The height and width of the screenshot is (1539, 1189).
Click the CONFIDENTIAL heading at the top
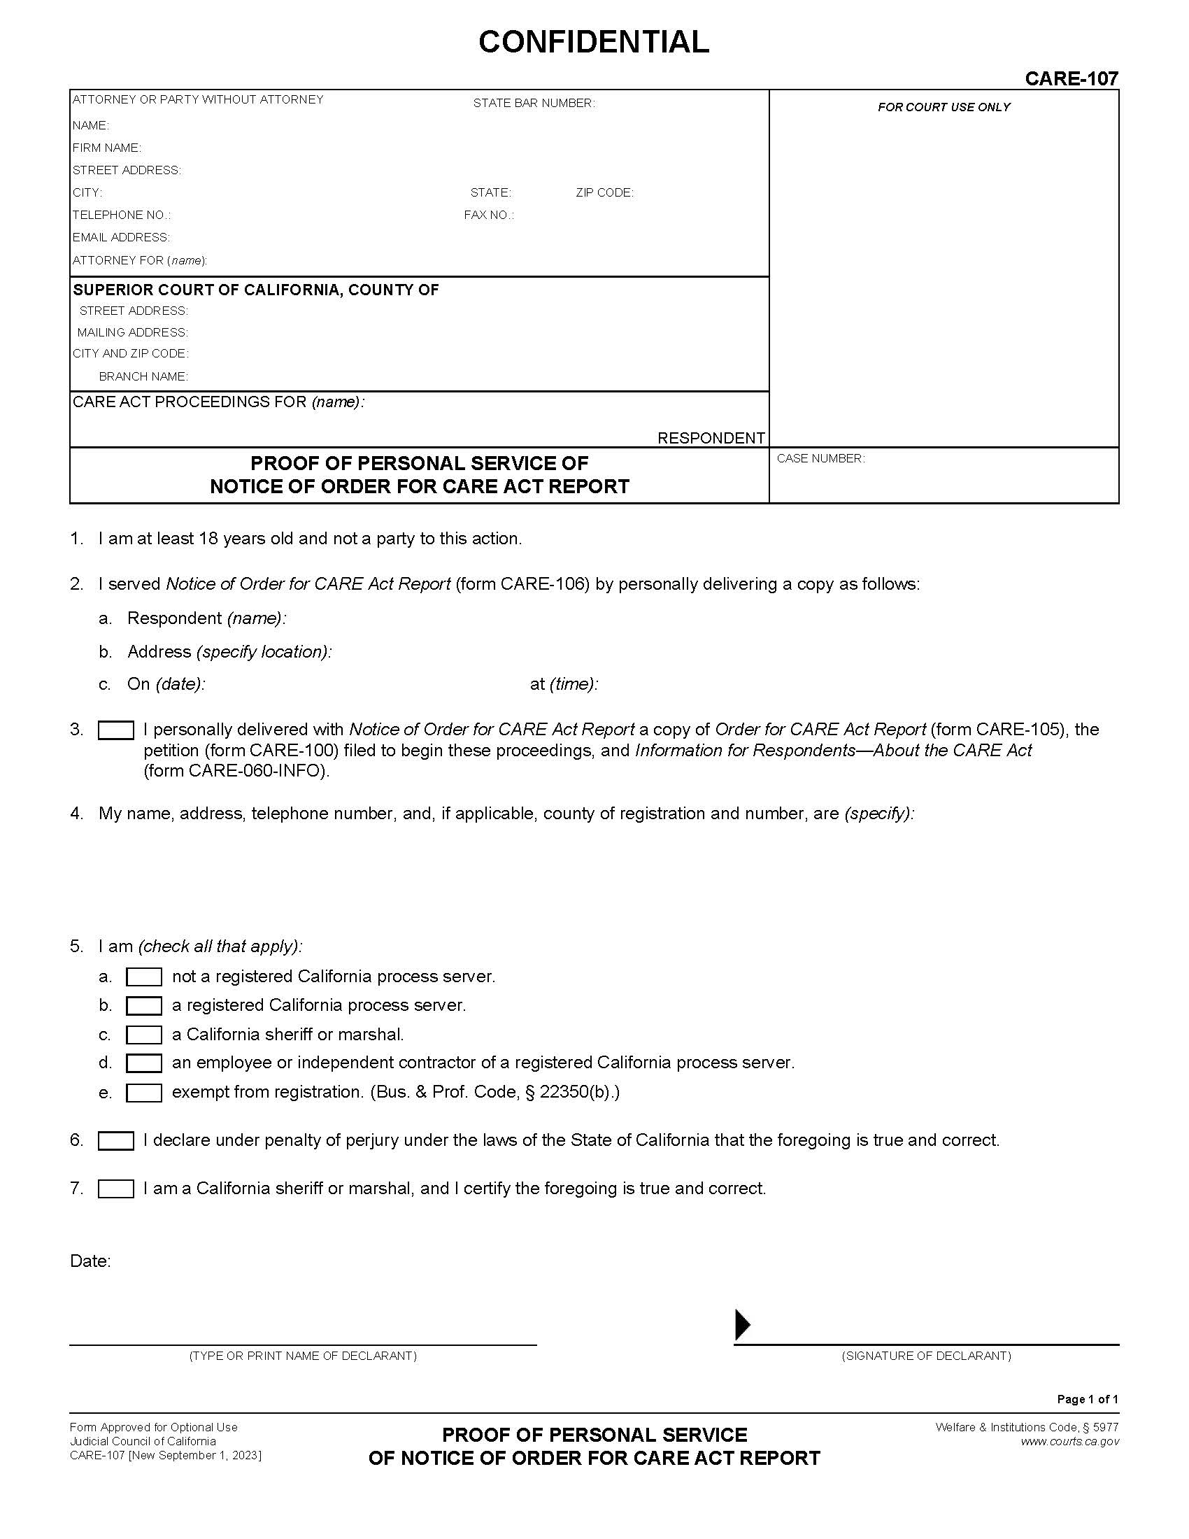point(593,42)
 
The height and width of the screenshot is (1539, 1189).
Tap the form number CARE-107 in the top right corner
point(1071,78)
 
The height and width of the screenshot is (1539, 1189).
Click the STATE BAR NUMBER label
point(533,104)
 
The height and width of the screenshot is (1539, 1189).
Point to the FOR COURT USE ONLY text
point(944,107)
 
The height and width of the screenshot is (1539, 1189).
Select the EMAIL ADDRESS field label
point(120,237)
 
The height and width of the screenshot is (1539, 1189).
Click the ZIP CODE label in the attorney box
point(604,192)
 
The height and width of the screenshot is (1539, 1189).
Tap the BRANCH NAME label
point(143,376)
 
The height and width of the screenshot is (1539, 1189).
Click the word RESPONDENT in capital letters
point(711,438)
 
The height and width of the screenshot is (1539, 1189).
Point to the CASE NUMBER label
point(820,459)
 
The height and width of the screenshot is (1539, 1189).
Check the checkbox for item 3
point(115,730)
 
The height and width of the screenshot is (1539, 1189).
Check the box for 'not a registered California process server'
point(143,977)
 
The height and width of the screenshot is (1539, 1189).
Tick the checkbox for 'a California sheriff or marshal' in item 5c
point(143,1035)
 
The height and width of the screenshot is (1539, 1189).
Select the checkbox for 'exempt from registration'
point(143,1092)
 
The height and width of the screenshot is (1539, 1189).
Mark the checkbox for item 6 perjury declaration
point(115,1140)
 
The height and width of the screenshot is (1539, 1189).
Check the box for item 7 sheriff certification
point(115,1189)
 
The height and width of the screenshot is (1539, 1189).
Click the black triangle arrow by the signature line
point(741,1325)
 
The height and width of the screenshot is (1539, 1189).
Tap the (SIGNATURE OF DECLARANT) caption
point(925,1356)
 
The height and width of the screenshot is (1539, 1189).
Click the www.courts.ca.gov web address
point(1069,1441)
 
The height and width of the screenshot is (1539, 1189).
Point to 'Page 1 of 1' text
point(1087,1399)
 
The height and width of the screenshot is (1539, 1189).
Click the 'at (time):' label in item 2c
point(564,684)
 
